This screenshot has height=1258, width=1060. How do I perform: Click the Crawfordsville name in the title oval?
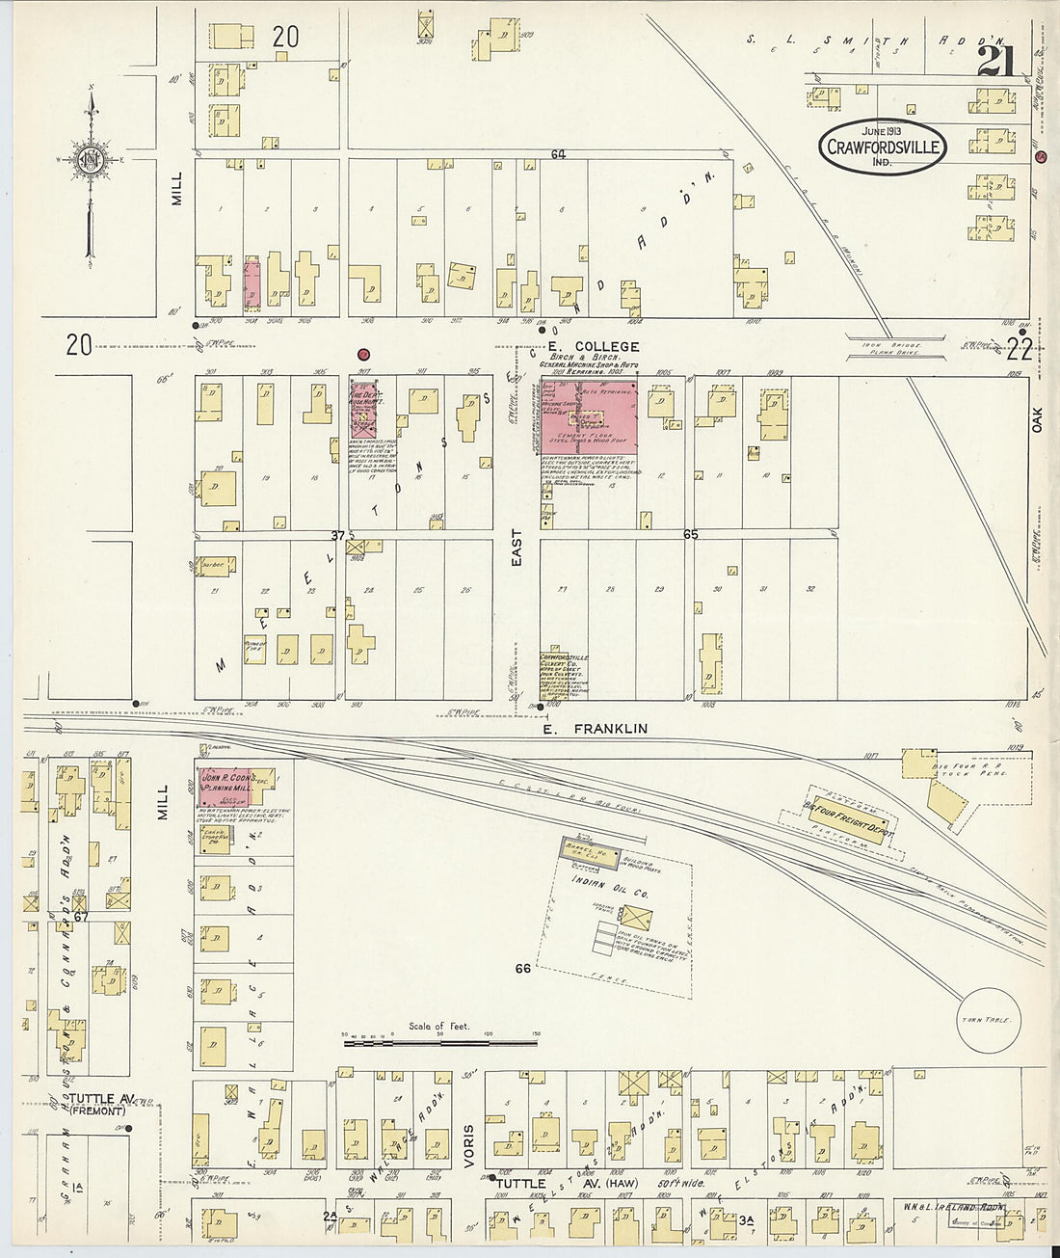[x=883, y=147]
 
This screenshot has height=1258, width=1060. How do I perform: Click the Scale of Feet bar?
[x=439, y=1042]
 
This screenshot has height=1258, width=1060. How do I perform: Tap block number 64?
[x=558, y=154]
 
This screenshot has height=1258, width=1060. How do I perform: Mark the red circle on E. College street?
[x=364, y=355]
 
